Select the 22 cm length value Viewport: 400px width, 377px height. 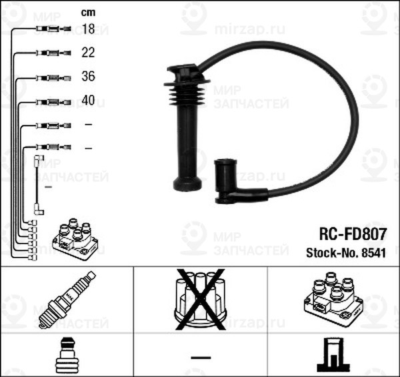click(88, 52)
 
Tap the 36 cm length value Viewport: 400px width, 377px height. click(88, 77)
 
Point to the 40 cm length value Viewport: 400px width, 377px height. click(88, 101)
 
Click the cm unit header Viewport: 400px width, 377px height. click(87, 11)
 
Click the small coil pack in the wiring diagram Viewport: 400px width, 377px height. click(75, 238)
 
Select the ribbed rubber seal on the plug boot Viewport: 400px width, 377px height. click(186, 93)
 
